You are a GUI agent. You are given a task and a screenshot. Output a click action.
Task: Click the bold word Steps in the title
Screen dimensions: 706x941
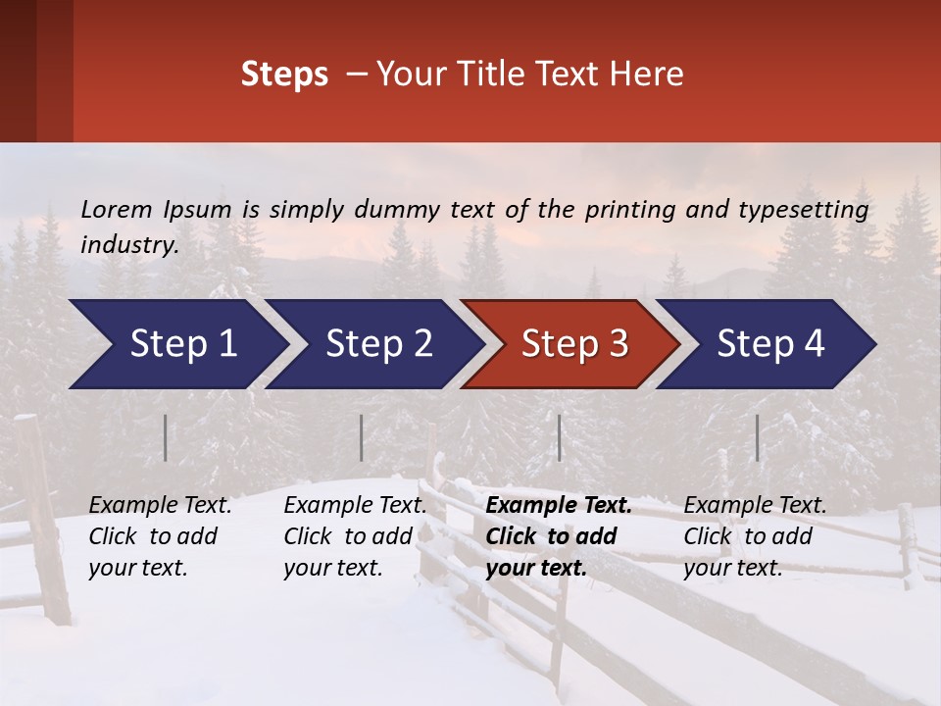point(284,75)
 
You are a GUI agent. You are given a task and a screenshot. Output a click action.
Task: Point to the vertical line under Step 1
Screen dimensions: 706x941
point(166,437)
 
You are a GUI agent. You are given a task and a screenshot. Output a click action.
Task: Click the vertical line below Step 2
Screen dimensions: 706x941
point(362,437)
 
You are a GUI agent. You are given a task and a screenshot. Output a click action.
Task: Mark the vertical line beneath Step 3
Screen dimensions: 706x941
point(560,437)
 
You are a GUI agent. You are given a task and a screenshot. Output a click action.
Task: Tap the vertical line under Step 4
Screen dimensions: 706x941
point(758,437)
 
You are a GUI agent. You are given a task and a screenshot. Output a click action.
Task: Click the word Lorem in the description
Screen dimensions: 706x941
point(117,210)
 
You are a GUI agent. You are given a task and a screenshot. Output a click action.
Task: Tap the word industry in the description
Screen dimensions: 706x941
point(129,245)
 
